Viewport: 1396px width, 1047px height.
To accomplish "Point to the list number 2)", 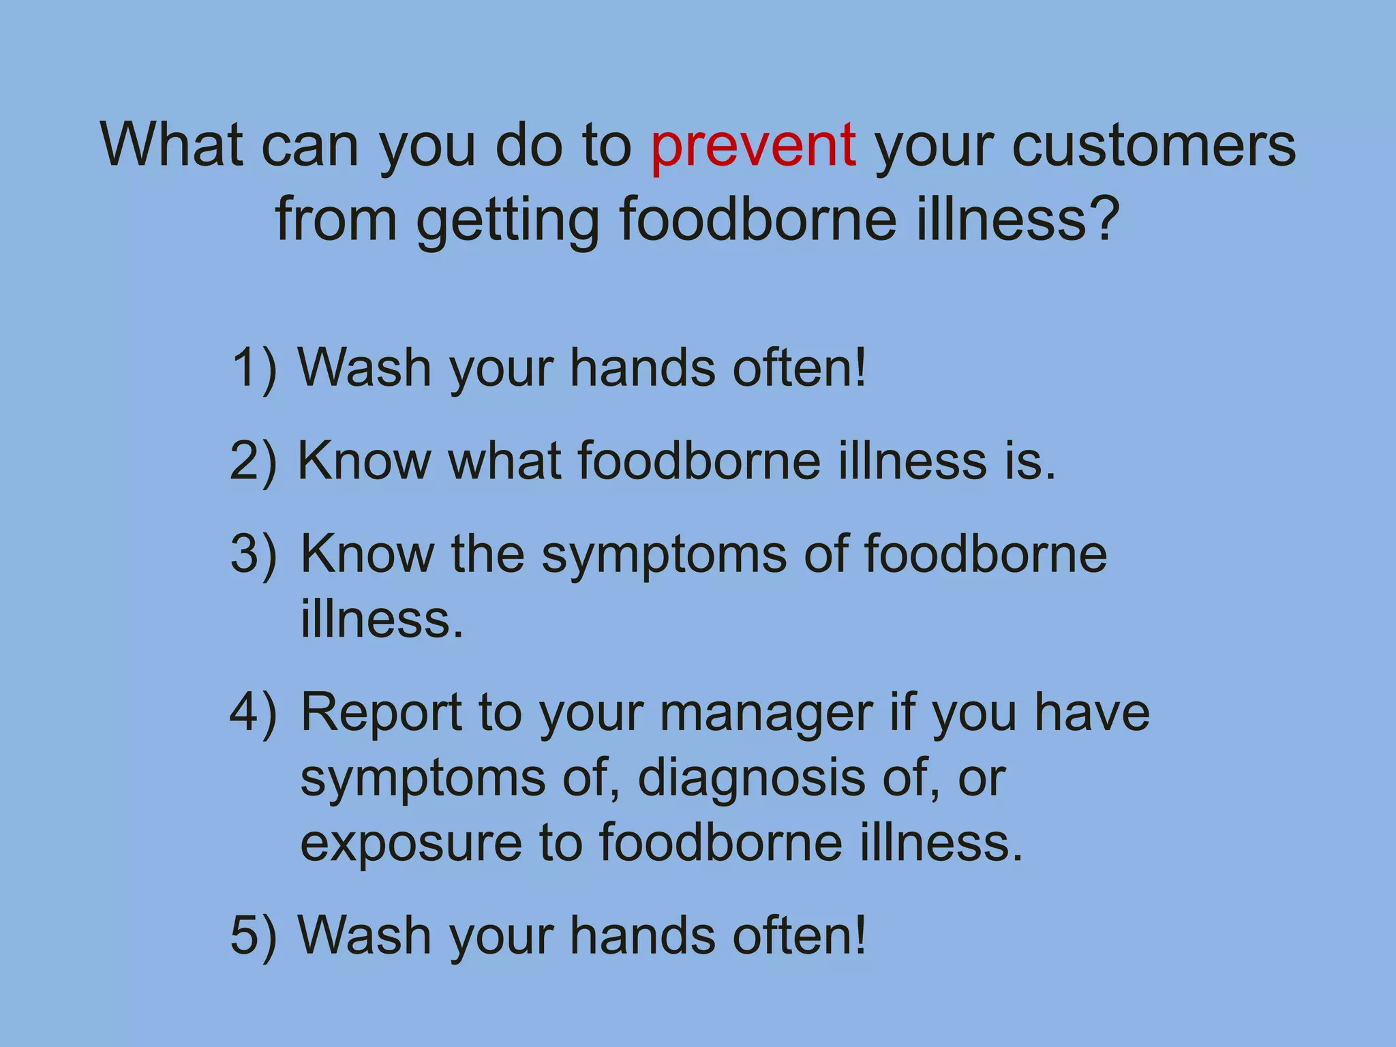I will pyautogui.click(x=254, y=461).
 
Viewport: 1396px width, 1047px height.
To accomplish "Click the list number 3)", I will pyautogui.click(x=254, y=553).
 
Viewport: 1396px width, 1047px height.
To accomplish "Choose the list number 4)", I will pyautogui.click(x=254, y=713).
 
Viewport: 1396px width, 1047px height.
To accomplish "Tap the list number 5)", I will pyautogui.click(x=254, y=935).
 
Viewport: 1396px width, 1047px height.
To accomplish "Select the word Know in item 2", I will pyautogui.click(x=365, y=461).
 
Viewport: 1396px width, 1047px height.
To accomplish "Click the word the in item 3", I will pyautogui.click(x=487, y=553).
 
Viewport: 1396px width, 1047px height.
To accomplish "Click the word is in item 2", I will pyautogui.click(x=1029, y=461).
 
